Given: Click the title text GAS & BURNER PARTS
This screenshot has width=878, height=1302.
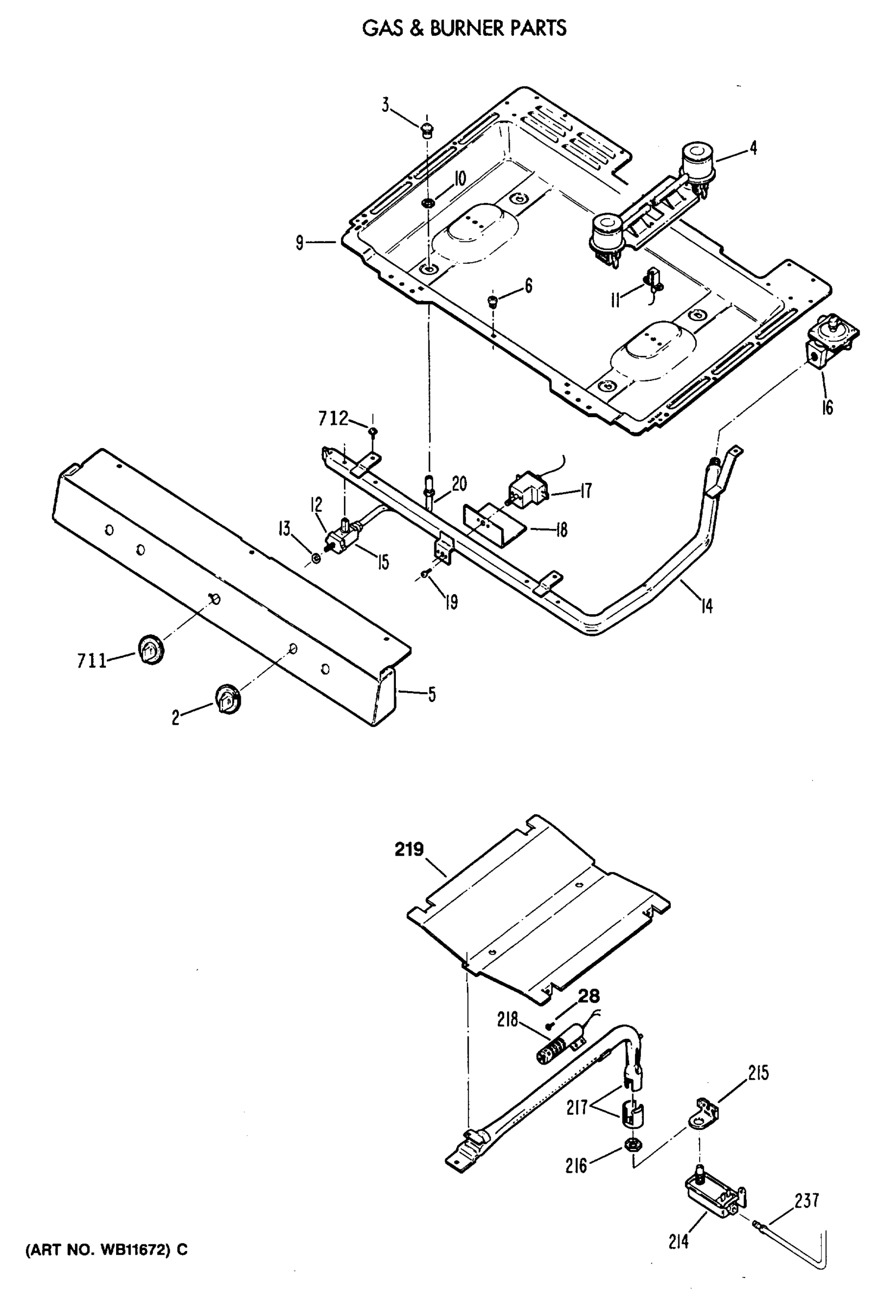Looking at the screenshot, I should click(464, 28).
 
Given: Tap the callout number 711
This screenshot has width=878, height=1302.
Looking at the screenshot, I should click(92, 661).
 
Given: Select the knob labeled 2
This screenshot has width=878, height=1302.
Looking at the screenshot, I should click(227, 698).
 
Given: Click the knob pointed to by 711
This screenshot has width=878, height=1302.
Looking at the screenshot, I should click(150, 649).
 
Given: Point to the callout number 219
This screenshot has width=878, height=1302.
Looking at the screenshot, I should click(409, 850).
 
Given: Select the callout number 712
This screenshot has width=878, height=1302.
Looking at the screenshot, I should click(333, 418).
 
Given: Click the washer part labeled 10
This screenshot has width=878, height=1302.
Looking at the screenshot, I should click(428, 202).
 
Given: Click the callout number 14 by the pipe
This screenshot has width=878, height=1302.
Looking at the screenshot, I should click(707, 605).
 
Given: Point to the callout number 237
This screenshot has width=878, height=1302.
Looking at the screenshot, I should click(806, 1201).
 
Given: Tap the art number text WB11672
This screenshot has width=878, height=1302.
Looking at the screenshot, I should click(106, 1250).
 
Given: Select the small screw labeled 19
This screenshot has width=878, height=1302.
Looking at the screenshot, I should click(427, 573).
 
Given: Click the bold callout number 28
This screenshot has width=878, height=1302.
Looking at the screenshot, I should click(588, 995).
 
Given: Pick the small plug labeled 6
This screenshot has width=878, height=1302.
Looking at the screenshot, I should click(494, 302).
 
